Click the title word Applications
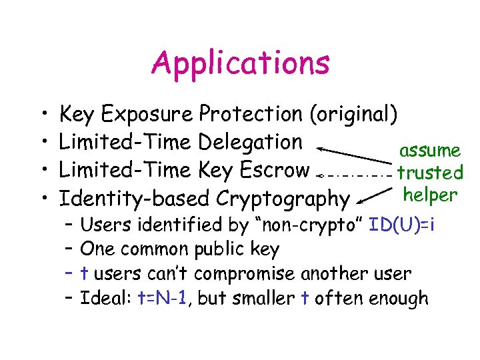pyautogui.click(x=241, y=63)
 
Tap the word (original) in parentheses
pyautogui.click(x=354, y=115)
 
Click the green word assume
pyautogui.click(x=429, y=151)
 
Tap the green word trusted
pyautogui.click(x=430, y=173)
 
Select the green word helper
pyautogui.click(x=430, y=195)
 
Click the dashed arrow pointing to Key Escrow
pyautogui.click(x=353, y=175)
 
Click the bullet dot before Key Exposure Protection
pyautogui.click(x=42, y=115)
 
